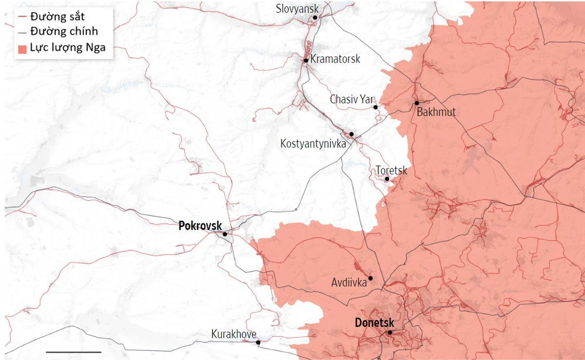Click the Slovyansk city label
click(297, 9)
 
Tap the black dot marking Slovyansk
click(315, 18)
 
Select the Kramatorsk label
click(335, 59)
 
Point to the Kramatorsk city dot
click(306, 60)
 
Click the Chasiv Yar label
click(352, 100)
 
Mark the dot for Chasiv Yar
click(376, 108)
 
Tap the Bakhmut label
click(436, 112)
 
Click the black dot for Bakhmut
click(417, 103)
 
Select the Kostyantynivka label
click(313, 143)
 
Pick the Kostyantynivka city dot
click(352, 134)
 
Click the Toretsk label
click(391, 170)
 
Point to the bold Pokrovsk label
click(200, 225)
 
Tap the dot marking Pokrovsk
click(225, 234)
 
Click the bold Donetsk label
click(374, 323)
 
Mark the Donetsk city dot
click(390, 332)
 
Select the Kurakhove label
click(233, 334)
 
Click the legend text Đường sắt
click(57, 16)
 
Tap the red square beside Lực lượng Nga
click(22, 48)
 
